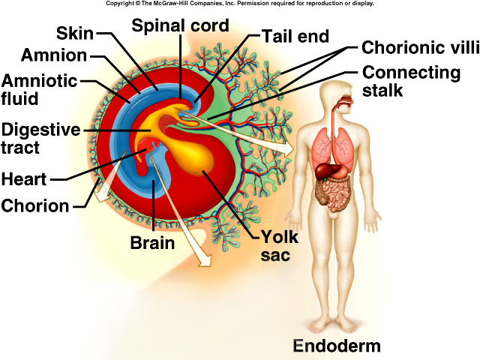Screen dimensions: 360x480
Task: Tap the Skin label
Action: pyautogui.click(x=75, y=33)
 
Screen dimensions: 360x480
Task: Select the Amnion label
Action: pyautogui.click(x=54, y=55)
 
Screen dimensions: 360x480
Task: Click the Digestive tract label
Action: pyautogui.click(x=40, y=139)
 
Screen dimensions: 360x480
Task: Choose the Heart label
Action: pyautogui.click(x=24, y=179)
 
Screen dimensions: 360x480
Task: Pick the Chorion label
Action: pyautogui.click(x=35, y=205)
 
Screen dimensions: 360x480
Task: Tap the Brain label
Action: pyautogui.click(x=152, y=243)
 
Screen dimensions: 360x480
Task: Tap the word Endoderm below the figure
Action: pyautogui.click(x=337, y=346)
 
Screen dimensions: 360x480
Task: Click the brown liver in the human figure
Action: pyautogui.click(x=328, y=171)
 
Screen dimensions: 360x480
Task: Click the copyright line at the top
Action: pyautogui.click(x=239, y=4)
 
